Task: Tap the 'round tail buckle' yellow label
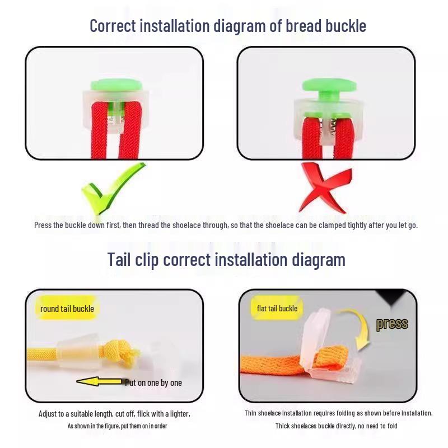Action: pyautogui.click(x=67, y=309)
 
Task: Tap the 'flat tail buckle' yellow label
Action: pyautogui.click(x=277, y=309)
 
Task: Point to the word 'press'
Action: pyautogui.click(x=392, y=324)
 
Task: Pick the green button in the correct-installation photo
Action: pyautogui.click(x=116, y=86)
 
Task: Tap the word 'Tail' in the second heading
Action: pyautogui.click(x=119, y=259)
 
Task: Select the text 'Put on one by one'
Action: pyautogui.click(x=153, y=383)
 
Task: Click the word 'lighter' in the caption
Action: pyautogui.click(x=180, y=414)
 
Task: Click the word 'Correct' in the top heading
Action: pyautogui.click(x=113, y=26)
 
